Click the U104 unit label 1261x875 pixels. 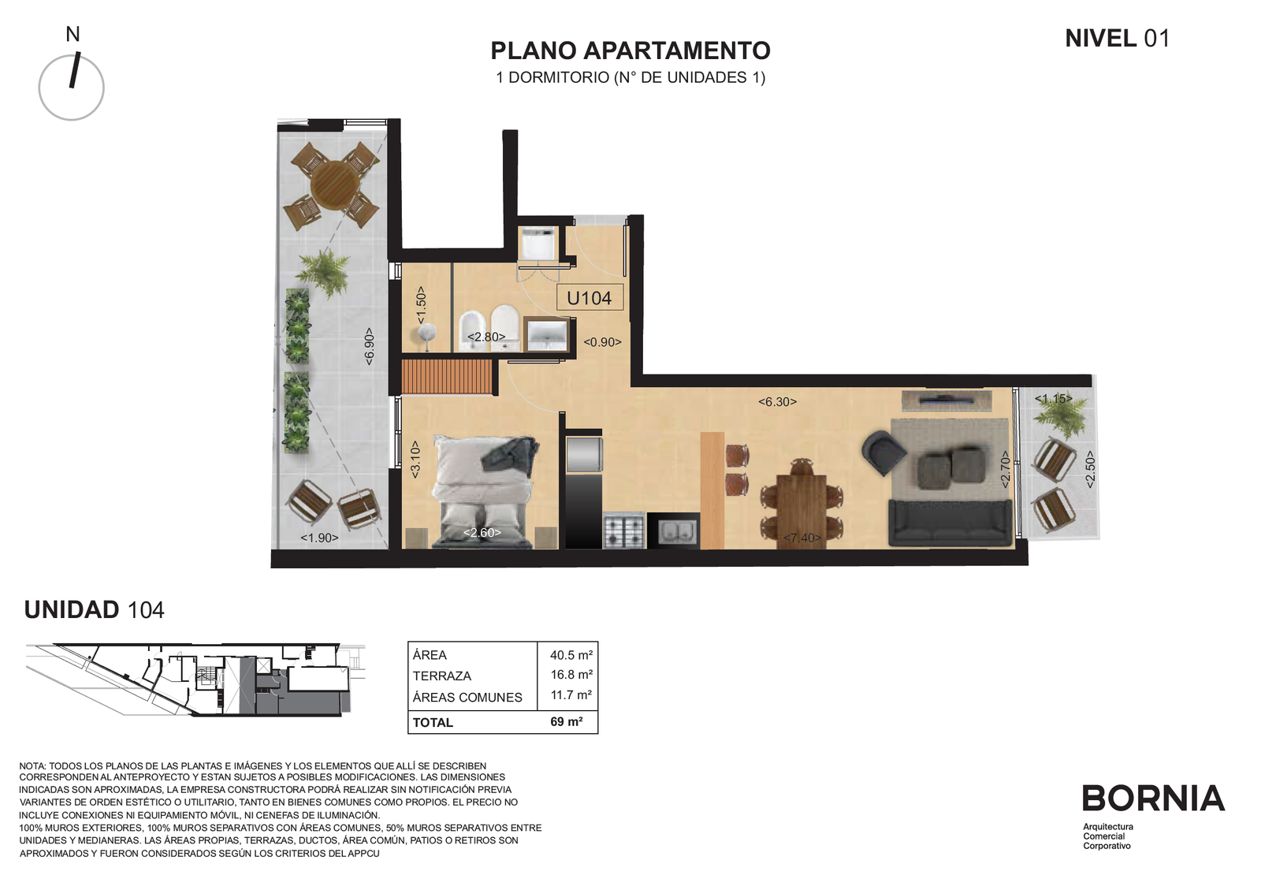pos(590,298)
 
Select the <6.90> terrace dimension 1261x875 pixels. pos(370,346)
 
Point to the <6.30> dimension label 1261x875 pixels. pos(777,401)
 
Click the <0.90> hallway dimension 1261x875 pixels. pos(602,342)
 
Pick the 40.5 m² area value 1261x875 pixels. pos(571,655)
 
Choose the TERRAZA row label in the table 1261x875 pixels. pos(441,676)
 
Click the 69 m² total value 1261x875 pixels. pos(567,721)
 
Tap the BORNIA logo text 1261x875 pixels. pos(1153,798)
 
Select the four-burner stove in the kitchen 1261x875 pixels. pos(623,531)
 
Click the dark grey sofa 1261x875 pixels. pos(950,523)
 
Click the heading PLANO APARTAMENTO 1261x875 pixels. pos(630,50)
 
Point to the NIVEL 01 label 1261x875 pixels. pos(1118,39)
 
